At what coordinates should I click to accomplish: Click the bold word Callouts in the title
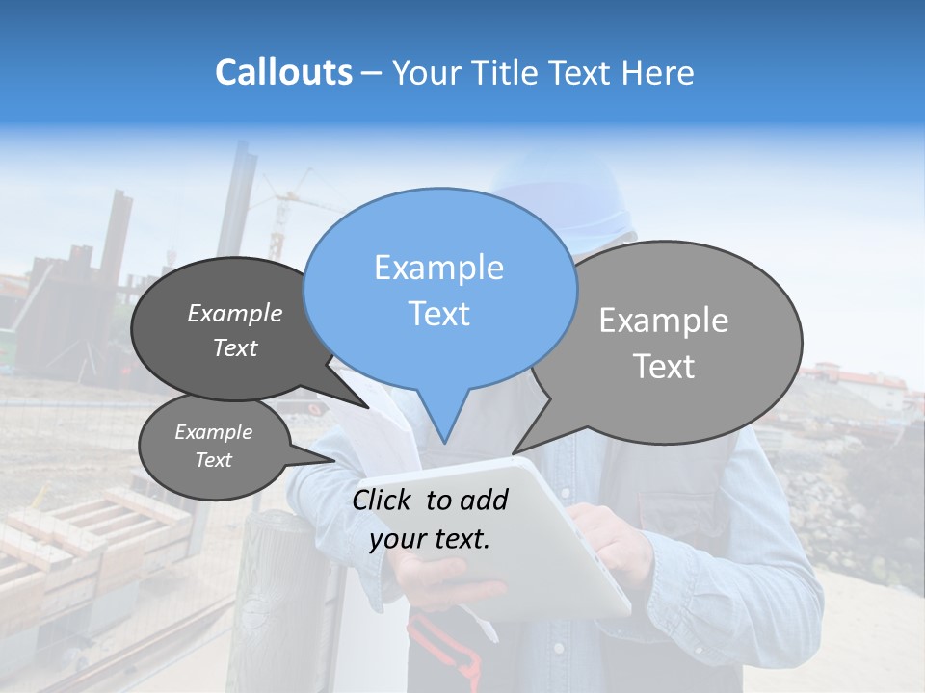point(283,72)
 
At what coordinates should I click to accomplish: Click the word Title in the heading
point(509,72)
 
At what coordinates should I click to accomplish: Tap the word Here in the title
point(658,72)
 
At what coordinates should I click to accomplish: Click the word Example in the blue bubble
point(438,268)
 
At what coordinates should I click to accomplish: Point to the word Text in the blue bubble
point(438,314)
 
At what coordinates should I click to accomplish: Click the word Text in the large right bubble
point(665,367)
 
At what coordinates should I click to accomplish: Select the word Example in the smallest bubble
point(213,432)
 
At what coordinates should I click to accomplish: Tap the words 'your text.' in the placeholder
point(430,539)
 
